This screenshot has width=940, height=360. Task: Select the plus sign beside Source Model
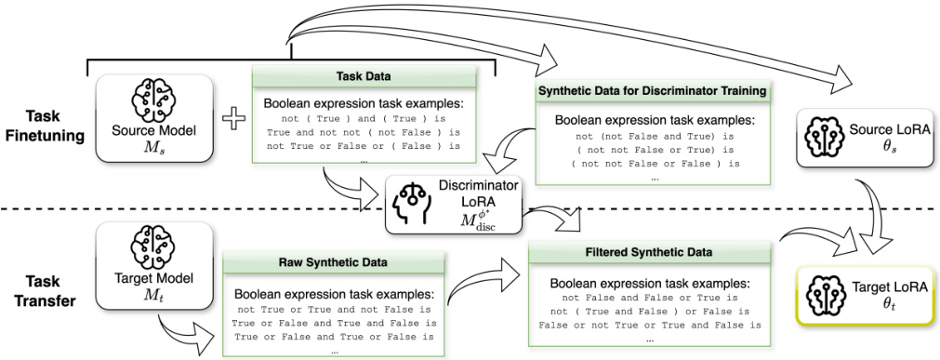[x=232, y=119]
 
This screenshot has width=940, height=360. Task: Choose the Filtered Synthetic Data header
[x=649, y=251]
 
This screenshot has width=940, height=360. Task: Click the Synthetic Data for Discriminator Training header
[x=651, y=91]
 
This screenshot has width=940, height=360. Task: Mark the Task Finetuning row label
[x=43, y=127]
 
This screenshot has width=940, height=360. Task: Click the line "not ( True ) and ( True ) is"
[x=364, y=119]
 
